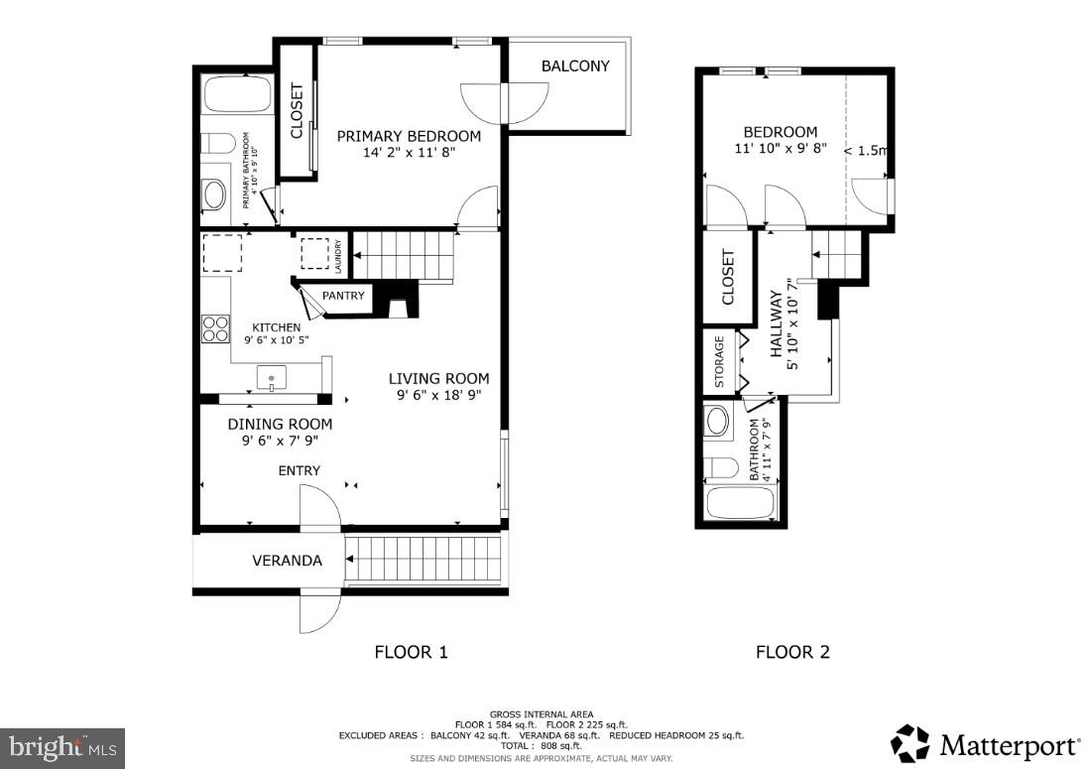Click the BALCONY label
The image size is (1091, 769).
(575, 66)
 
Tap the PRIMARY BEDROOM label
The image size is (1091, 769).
(409, 136)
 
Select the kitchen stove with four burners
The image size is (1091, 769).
(215, 327)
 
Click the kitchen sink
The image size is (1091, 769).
(272, 377)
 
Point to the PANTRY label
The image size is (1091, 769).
(343, 296)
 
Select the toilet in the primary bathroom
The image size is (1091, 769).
(218, 142)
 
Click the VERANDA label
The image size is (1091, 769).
(287, 561)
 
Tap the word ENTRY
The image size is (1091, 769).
(299, 470)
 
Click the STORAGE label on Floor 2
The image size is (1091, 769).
(720, 362)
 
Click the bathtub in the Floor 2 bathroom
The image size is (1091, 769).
(740, 503)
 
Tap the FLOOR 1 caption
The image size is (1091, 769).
(411, 652)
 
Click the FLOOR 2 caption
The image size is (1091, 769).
(792, 652)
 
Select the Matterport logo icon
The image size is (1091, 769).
(909, 744)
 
